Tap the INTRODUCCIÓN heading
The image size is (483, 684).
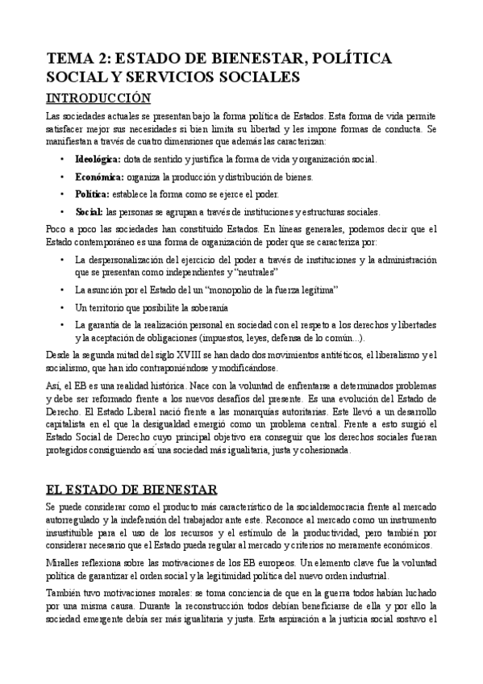[98, 98]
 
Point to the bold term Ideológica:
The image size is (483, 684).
[98, 159]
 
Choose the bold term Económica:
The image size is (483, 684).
[98, 177]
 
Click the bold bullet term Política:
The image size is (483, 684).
[93, 194]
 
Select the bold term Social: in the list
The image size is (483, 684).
[89, 212]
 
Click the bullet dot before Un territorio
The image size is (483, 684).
[63, 307]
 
